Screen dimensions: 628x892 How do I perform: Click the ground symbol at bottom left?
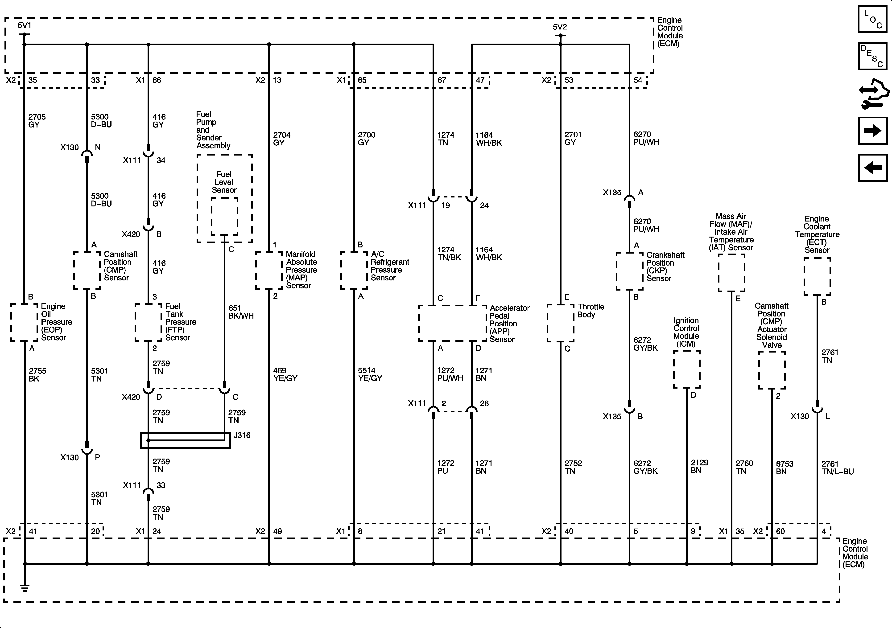pos(25,588)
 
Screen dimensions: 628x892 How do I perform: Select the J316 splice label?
pos(242,435)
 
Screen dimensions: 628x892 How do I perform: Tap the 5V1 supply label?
pos(25,26)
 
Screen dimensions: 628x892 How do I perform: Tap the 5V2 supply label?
pos(560,27)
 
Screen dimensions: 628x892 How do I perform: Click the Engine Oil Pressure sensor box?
pos(24,322)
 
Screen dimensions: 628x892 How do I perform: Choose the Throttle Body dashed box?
pos(560,323)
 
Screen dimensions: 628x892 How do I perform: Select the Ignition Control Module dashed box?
pos(686,369)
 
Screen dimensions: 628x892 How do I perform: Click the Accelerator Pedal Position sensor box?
pos(453,323)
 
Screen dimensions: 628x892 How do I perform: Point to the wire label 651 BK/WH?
pos(241,312)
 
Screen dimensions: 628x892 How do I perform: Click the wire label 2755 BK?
pos(37,375)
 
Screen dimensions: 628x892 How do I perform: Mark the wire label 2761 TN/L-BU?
pos(837,468)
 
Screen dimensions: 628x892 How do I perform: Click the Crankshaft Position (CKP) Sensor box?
pos(629,271)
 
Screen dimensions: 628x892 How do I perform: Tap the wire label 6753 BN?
pos(784,468)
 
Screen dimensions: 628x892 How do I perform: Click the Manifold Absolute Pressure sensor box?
pos(269,270)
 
